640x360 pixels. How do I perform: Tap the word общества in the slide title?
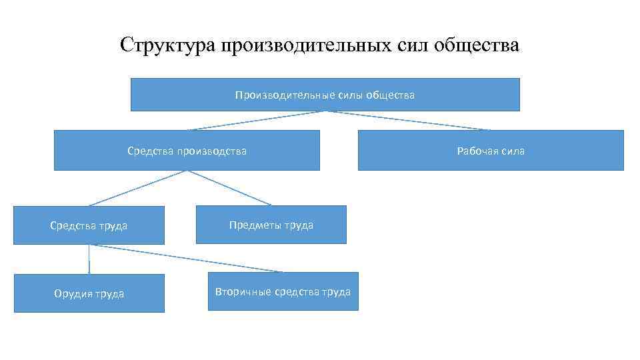click(x=475, y=45)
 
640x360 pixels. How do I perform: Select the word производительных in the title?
click(x=298, y=45)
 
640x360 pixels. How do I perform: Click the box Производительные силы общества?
click(x=325, y=95)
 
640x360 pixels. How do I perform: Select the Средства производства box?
click(x=187, y=151)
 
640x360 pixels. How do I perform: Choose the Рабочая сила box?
click(x=491, y=151)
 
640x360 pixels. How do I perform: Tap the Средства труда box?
click(x=89, y=225)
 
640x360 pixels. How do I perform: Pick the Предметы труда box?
click(x=271, y=225)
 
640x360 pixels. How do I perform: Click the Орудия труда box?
click(x=89, y=293)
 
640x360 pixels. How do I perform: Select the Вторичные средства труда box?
click(x=283, y=291)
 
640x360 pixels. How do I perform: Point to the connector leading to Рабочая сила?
click(x=408, y=120)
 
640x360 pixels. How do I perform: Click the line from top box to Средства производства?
click(x=256, y=120)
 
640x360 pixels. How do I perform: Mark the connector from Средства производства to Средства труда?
click(x=138, y=187)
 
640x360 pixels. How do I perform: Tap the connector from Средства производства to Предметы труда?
click(x=229, y=187)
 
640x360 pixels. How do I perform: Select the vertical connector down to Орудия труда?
click(x=89, y=259)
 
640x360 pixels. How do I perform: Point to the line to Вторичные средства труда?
click(x=187, y=258)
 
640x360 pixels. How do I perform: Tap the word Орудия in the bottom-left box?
click(x=71, y=293)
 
